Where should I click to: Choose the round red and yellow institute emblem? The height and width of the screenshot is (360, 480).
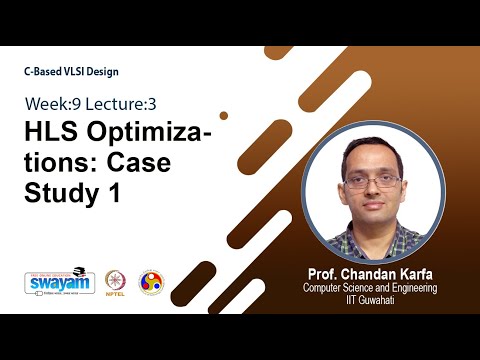pos(151,283)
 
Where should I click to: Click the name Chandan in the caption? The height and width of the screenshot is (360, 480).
pos(375,272)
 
